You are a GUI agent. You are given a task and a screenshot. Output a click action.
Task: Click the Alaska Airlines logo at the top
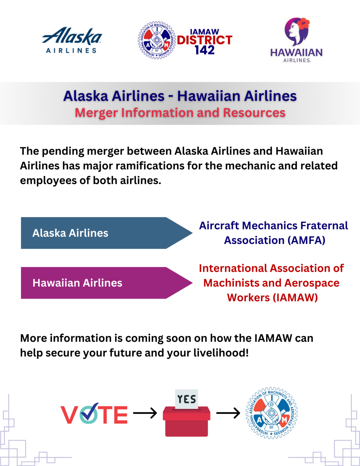coord(72,40)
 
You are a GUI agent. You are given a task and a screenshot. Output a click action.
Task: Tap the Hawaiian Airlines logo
coord(296,40)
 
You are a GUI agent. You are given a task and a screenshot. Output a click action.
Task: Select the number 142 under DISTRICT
coord(205,50)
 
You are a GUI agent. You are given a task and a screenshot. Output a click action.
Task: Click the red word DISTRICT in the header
coord(205,40)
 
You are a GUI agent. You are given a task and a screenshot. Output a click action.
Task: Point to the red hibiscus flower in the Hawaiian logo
coord(303,24)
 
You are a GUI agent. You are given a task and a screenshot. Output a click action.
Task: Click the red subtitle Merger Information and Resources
coord(180,113)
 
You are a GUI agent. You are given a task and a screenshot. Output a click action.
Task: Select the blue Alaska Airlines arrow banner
coord(107,233)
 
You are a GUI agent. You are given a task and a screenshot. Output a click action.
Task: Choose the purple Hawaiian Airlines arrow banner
coord(107,283)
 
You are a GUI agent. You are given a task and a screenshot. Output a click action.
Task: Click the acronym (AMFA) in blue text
coord(306,240)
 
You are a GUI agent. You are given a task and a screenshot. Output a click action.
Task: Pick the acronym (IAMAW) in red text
coord(295,298)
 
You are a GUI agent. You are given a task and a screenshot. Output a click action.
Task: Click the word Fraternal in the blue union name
coord(324,226)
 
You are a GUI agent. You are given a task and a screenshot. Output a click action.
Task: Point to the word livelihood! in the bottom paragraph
coord(221,353)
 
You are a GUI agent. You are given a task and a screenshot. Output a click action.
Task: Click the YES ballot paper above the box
coord(187,399)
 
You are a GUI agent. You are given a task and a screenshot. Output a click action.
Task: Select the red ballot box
coord(187,421)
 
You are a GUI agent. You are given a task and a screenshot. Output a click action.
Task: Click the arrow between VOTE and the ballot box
coord(145,413)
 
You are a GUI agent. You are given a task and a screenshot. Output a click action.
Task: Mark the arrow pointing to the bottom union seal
coord(228,413)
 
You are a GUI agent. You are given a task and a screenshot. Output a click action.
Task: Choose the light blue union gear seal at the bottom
coord(271,413)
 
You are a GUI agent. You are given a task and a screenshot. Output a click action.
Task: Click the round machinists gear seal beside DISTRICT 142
coord(157,40)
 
